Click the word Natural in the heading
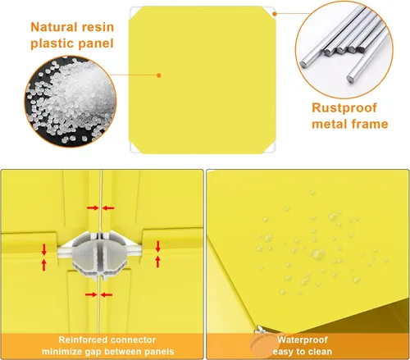pos(54,27)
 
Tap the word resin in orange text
pos(98,27)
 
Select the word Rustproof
pos(344,108)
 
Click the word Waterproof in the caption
pos(303,340)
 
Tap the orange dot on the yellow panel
pos(159,75)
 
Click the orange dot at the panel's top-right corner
pos(275,14)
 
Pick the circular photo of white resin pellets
pos(71,101)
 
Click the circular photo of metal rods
pos(344,49)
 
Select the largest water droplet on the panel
pos(318,254)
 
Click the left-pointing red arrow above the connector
pos(108,208)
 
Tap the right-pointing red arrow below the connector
pos(91,294)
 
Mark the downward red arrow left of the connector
pos(44,250)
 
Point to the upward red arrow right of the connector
pos(157,262)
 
